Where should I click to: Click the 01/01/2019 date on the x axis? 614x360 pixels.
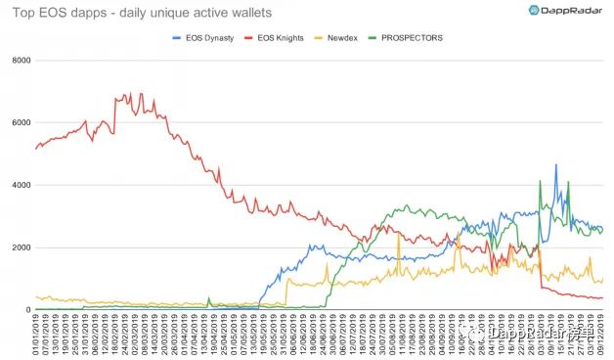[36, 334]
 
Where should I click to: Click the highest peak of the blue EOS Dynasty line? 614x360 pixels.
[556, 165]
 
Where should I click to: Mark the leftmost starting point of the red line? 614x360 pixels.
[36, 149]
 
